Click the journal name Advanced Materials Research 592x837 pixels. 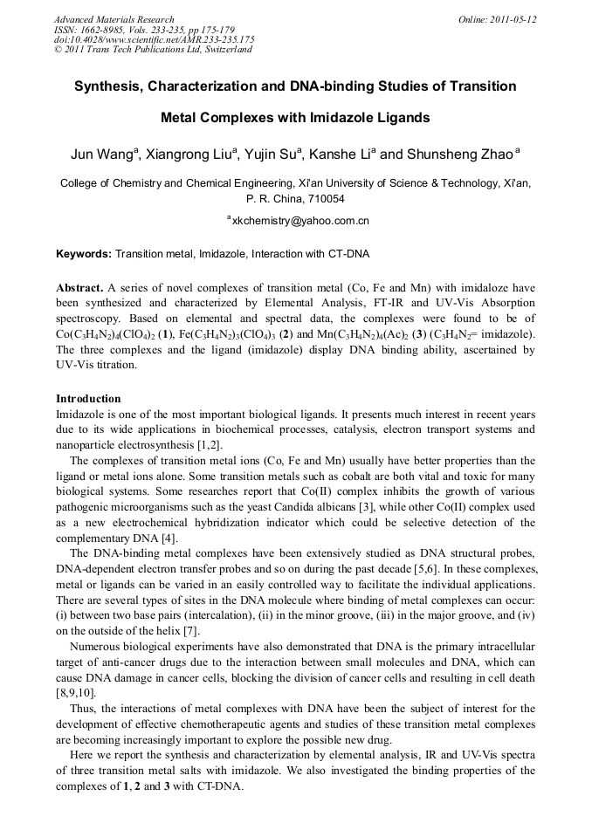pos(114,19)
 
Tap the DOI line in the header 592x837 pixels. pos(154,39)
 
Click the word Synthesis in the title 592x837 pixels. pos(109,86)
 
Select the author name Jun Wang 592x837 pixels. pos(100,155)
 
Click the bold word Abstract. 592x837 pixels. pos(79,287)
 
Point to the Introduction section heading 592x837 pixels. pos(88,399)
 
